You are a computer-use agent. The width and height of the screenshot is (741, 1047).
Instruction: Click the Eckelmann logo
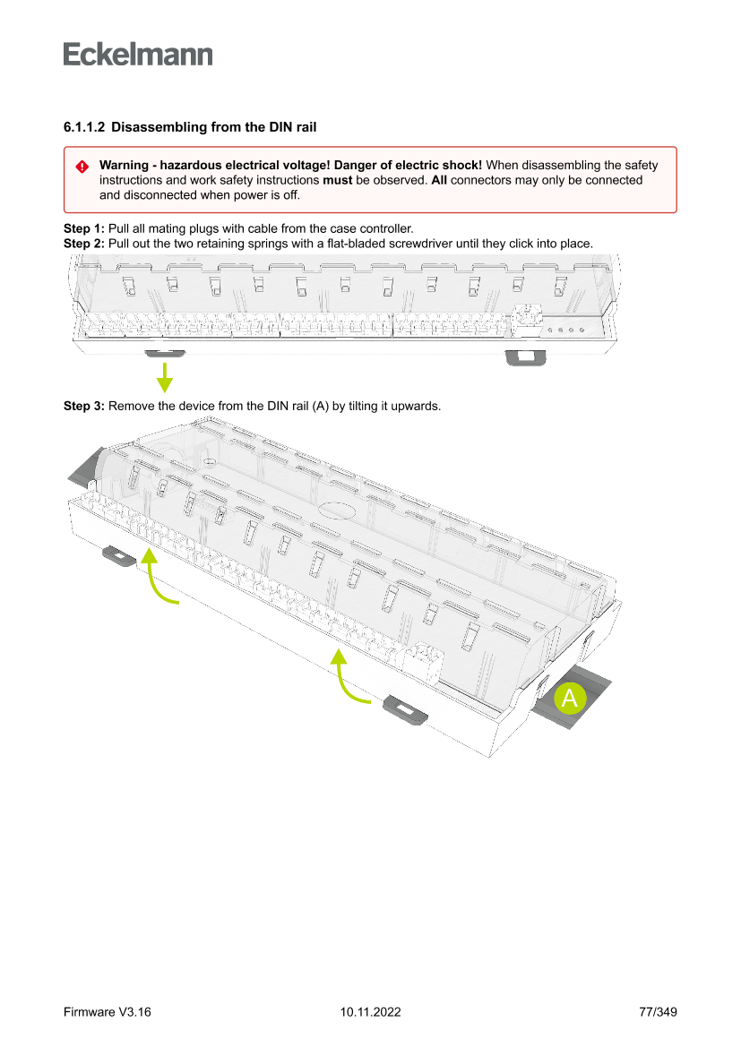click(138, 55)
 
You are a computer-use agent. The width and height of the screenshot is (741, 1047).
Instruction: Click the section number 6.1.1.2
click(83, 128)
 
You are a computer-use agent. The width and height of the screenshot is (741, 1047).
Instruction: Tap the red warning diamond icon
click(82, 167)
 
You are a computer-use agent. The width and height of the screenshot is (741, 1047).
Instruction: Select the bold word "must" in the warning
click(337, 180)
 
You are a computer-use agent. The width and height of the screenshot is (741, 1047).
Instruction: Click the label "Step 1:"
click(83, 228)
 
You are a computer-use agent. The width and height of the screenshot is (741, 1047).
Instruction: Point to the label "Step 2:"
click(83, 243)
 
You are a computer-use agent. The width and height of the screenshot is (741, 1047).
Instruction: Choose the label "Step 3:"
click(83, 406)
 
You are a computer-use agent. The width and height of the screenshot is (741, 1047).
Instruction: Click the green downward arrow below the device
click(165, 377)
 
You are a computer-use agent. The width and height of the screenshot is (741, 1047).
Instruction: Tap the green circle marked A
click(569, 699)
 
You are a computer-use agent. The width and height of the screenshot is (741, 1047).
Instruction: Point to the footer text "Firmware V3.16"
click(107, 1012)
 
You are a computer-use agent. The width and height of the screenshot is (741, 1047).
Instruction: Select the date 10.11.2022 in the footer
click(370, 1012)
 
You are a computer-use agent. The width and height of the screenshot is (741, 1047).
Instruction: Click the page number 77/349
click(657, 1012)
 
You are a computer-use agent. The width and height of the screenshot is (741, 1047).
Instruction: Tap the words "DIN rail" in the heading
click(292, 128)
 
